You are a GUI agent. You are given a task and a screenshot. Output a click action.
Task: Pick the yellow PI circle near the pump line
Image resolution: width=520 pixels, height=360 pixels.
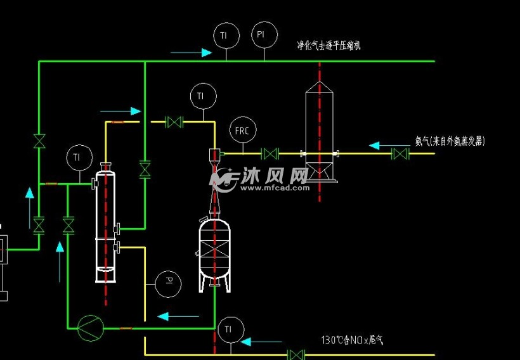[x=168, y=281]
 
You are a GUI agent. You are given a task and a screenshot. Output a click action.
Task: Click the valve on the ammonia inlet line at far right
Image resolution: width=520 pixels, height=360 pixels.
[x=400, y=153]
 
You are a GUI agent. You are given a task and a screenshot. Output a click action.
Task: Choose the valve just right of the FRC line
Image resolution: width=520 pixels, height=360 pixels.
[x=271, y=153]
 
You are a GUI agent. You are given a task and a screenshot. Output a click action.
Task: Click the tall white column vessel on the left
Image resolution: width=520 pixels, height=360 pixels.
[x=106, y=225]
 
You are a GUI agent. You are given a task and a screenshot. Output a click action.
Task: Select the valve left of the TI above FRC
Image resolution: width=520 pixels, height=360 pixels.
[x=174, y=122]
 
